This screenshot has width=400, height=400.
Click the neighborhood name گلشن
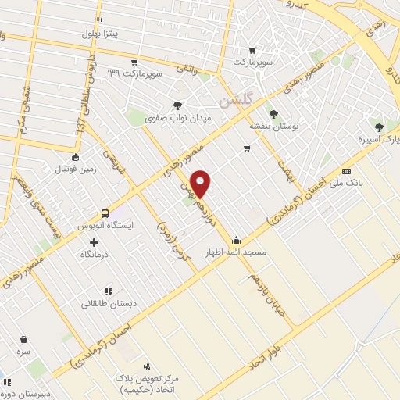tap(236, 100)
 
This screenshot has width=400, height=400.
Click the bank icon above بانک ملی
tap(347, 172)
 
